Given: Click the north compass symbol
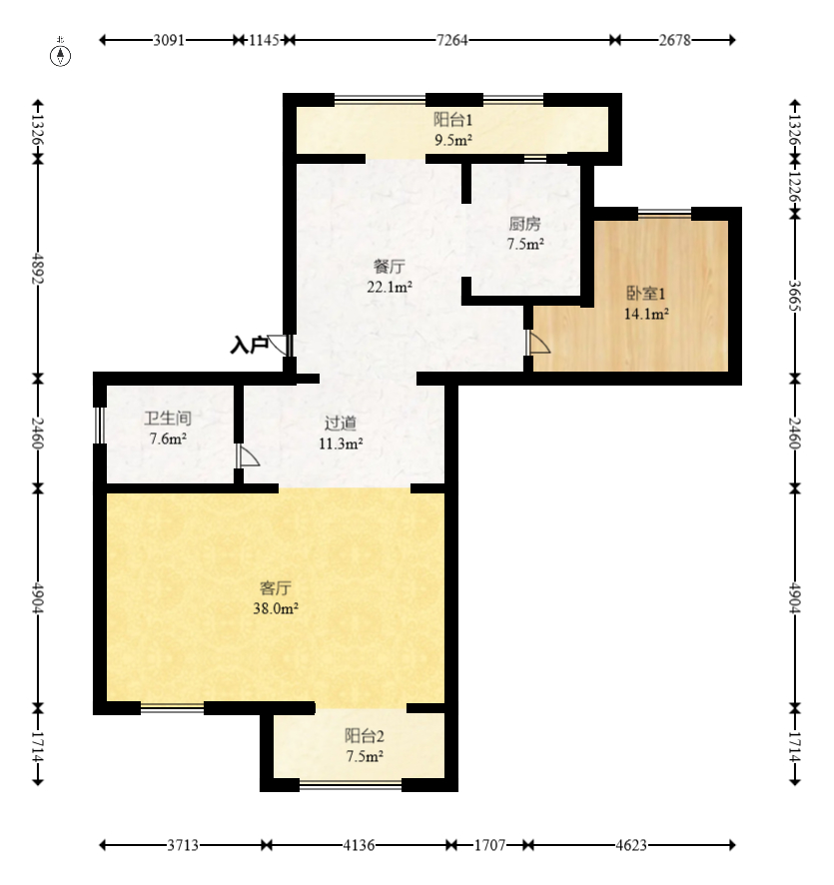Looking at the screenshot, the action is point(60,56).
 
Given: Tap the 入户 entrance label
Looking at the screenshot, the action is point(249,345).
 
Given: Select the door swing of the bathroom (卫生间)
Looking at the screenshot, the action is point(249,456).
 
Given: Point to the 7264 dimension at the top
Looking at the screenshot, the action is point(452,40).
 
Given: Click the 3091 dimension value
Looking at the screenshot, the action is point(169,40).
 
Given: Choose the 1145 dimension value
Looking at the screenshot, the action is point(264,40).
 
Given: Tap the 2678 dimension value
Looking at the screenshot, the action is point(675,40).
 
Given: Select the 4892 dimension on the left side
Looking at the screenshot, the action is point(38,268).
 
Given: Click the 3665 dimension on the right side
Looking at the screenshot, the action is point(794,296).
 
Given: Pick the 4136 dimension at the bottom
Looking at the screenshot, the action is point(359,845).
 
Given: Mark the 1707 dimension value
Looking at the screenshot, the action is point(489,845).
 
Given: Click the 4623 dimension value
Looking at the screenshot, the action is point(631,845).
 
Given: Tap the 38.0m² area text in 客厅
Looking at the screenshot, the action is point(276,608).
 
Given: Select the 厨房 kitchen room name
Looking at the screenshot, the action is point(524,224).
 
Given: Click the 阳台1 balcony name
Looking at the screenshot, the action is point(453,120).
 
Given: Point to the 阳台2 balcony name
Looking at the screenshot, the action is point(365,736).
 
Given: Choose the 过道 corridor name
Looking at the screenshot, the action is point(341,423).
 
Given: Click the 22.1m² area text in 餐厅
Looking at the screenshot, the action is point(390,287).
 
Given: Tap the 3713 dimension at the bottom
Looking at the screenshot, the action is point(183,845).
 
